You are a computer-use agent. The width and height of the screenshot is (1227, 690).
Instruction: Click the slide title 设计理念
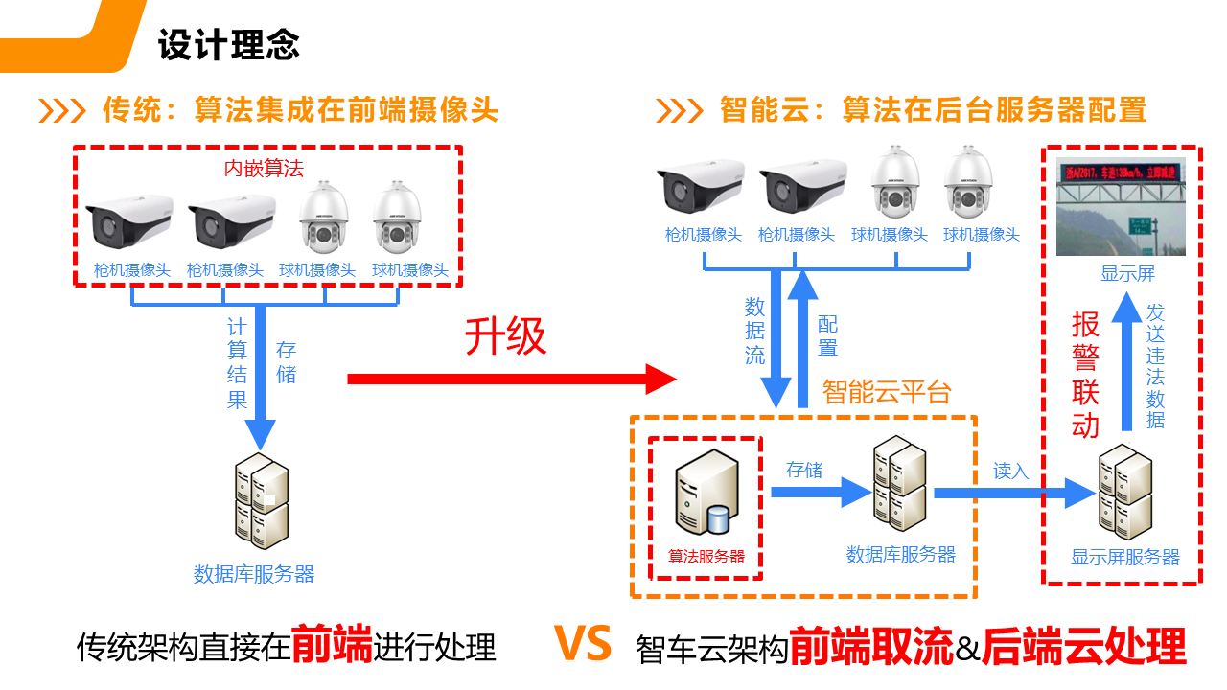click(229, 44)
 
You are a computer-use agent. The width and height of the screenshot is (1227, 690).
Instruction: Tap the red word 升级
click(505, 336)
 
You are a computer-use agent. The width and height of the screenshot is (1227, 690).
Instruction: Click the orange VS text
click(583, 645)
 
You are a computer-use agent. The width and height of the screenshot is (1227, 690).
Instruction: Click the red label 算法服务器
click(706, 556)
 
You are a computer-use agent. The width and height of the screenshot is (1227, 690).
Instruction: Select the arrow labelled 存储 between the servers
click(820, 493)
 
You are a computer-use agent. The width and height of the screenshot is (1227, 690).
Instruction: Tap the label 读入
click(1010, 471)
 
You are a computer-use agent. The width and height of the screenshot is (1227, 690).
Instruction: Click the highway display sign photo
click(1121, 207)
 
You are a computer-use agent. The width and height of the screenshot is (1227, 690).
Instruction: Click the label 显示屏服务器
click(1124, 558)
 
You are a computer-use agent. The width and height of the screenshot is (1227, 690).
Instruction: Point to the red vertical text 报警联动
click(1085, 375)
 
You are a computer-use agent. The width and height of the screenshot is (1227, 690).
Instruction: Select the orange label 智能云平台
click(887, 391)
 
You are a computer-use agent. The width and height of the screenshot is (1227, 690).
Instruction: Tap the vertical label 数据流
click(755, 331)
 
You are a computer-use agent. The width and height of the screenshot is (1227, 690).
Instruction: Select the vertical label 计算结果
click(237, 363)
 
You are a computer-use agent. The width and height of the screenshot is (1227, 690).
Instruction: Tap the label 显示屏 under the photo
click(1127, 275)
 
